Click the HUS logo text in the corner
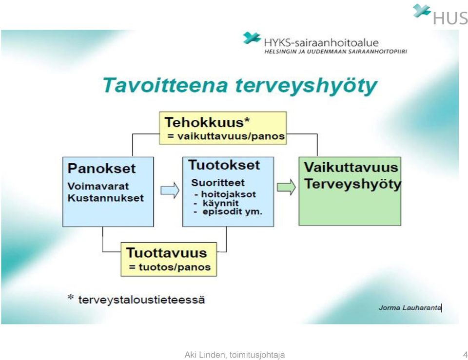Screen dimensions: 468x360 coord(450,19)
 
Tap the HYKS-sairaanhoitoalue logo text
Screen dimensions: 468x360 coord(321,43)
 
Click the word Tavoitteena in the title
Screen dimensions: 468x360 coord(165,85)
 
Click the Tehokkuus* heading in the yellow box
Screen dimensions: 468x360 coord(207,122)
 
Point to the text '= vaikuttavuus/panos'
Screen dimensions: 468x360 coord(226,136)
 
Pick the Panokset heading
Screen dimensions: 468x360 coord(101,169)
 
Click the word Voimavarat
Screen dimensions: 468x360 coord(98,186)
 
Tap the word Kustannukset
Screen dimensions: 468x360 coord(106,198)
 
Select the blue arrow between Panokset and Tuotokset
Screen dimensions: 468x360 coord(170,190)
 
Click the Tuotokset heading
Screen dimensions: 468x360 coord(224,165)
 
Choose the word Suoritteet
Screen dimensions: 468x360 coord(218,183)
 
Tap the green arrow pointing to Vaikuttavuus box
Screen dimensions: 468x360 coord(286,188)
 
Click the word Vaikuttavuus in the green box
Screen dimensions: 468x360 coord(351,167)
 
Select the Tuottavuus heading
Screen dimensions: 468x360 coord(167,253)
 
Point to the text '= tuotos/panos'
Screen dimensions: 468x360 coord(170,267)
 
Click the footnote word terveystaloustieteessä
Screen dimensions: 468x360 coord(141,300)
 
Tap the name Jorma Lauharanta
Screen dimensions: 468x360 coord(410,308)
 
